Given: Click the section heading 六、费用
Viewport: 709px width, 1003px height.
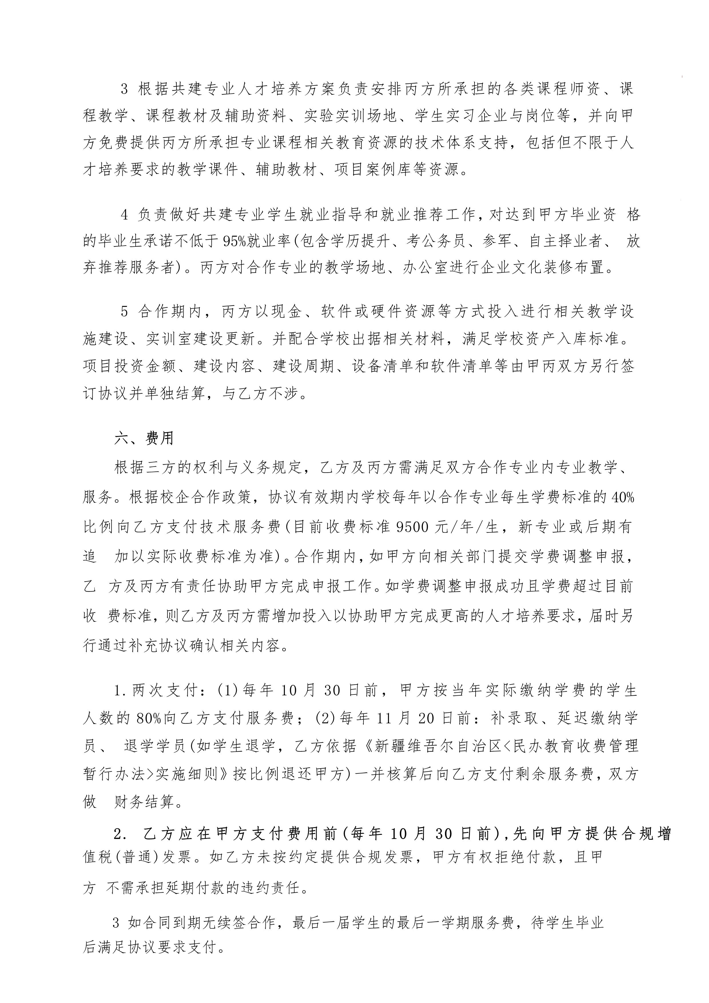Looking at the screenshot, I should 144,438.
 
